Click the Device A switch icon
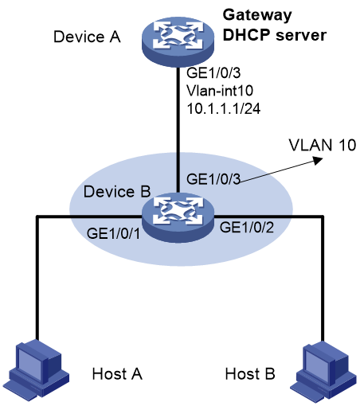coord(178,41)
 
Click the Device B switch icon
coord(178,217)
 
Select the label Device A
coord(87,37)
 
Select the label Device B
coord(117,191)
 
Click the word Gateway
coord(257,16)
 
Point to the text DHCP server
coord(275,35)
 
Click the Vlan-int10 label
coord(220,91)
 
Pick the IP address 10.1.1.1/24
coord(224,108)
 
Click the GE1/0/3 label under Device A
coord(213,72)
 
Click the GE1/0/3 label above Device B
coord(213,179)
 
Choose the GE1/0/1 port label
coord(113,233)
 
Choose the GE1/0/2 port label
coord(247,227)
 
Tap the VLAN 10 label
coord(323,145)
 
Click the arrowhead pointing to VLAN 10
coord(318,160)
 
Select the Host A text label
coord(117,374)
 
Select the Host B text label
coord(250,374)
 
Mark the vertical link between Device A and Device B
coord(178,130)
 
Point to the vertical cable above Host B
coord(323,279)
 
